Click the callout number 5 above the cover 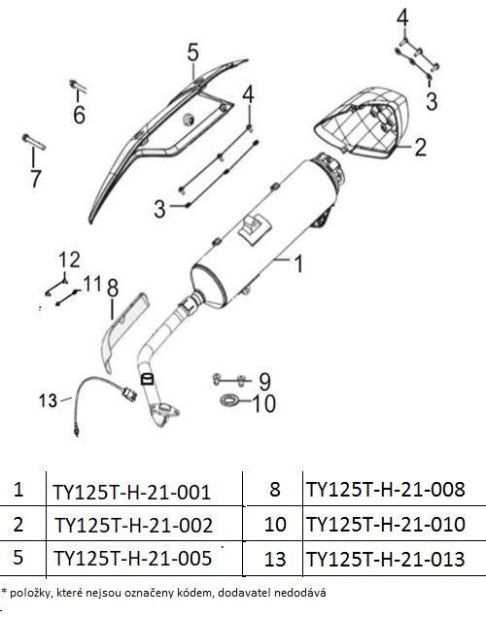point(192,52)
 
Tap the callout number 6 point(79,115)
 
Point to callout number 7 point(35,179)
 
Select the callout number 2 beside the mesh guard point(420,147)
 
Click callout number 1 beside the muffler point(298,263)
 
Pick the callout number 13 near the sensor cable point(48,400)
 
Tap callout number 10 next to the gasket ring point(263,404)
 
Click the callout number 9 point(264,381)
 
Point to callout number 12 point(70,259)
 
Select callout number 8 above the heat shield point(113,288)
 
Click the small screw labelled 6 point(78,86)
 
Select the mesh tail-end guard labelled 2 point(362,122)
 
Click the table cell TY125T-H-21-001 point(132,492)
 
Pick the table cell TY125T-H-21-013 point(386,559)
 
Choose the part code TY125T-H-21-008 point(386,489)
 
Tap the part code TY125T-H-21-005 point(132,558)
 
